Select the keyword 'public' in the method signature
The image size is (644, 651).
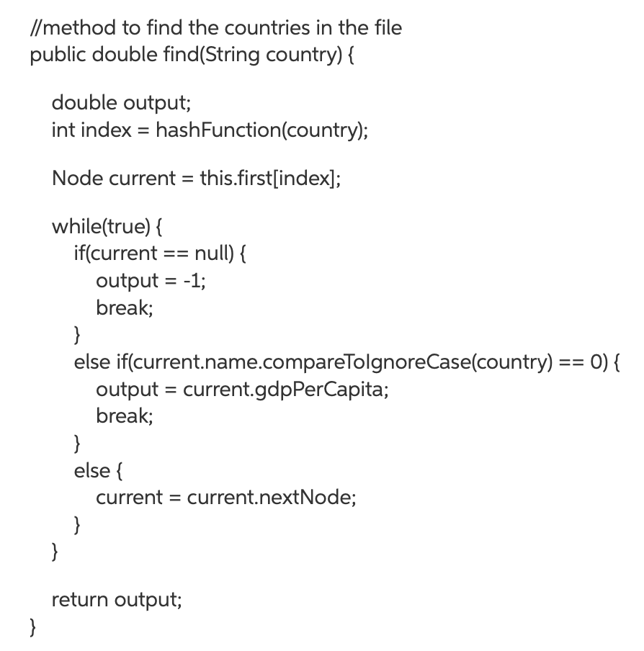pyautogui.click(x=54, y=56)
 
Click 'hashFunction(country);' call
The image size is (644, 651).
pyautogui.click(x=261, y=130)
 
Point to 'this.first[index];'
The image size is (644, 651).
pyautogui.click(x=271, y=178)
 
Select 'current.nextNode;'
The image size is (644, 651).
pyautogui.click(x=272, y=497)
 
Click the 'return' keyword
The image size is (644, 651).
pyautogui.click(x=81, y=599)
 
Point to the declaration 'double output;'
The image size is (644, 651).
pyautogui.click(x=121, y=103)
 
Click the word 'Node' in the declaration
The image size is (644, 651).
pyautogui.click(x=77, y=178)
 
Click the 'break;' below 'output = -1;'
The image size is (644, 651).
pyautogui.click(x=125, y=307)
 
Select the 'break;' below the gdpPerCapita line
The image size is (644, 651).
pyautogui.click(x=125, y=416)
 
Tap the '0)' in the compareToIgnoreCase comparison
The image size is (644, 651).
pyautogui.click(x=598, y=362)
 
